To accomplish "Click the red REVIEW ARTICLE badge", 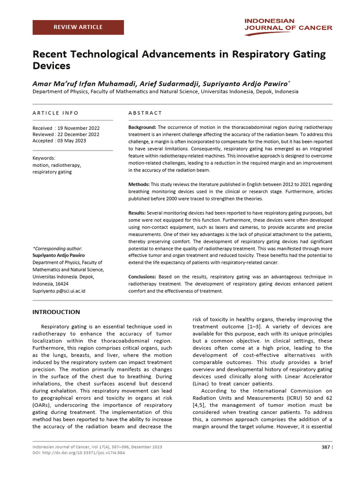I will pos(78,27).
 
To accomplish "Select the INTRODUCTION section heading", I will pos(56,312).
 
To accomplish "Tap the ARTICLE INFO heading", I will pos(55,113).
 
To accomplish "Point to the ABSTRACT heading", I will pos(145,113).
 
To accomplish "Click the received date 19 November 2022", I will pos(78,128).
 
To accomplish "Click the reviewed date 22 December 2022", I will pos(78,135).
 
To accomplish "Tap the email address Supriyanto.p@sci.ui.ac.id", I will pos(59,291).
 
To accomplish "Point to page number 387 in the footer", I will pos(325,447).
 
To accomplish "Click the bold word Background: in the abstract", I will pos(142,127).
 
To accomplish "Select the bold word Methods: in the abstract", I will pos(139,184).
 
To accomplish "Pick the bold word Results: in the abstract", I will pos(137,213).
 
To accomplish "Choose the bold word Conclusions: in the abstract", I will pos(142,277).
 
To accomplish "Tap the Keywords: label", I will pos(44,158).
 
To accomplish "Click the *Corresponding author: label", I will pos(57,248).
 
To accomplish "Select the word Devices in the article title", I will pos(51,66).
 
